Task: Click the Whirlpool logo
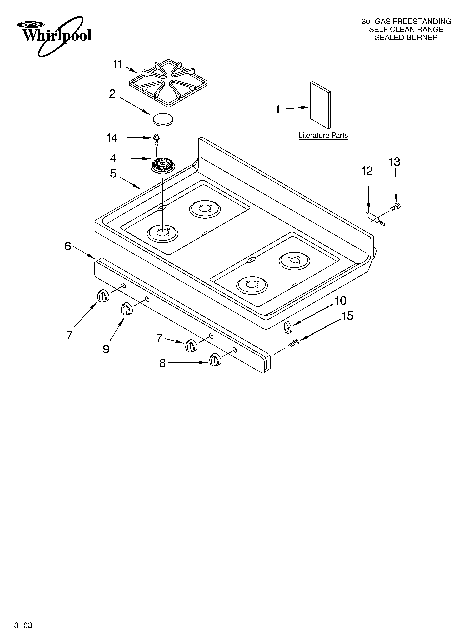pos(54,35)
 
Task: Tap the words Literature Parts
pos(323,136)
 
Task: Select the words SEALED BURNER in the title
pos(406,38)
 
